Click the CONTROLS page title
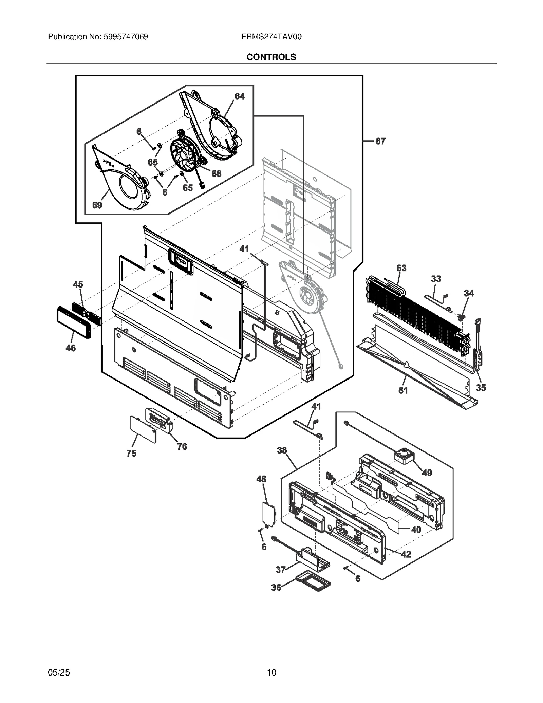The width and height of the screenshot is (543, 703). (x=271, y=57)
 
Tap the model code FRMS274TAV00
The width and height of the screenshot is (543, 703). (x=271, y=37)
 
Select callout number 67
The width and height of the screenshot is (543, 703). (x=380, y=141)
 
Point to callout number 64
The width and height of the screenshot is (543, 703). (x=240, y=96)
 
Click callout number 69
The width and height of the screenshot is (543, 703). (x=97, y=205)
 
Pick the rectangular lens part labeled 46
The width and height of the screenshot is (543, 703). (x=74, y=322)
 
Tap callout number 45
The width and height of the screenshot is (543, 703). (x=78, y=284)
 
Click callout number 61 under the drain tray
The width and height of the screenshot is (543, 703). (x=403, y=391)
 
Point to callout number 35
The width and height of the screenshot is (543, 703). (x=481, y=388)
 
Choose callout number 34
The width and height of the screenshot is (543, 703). (x=469, y=293)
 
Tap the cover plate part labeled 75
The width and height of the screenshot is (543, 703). (x=143, y=429)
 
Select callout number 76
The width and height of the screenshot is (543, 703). (x=182, y=447)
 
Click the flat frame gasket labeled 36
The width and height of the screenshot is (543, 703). (x=314, y=583)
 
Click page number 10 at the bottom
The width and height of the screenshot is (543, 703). (x=271, y=672)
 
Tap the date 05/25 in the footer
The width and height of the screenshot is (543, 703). (x=59, y=672)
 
